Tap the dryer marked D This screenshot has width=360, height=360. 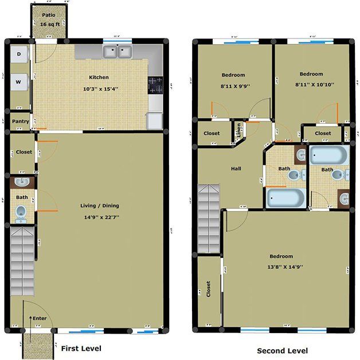coord(19,54)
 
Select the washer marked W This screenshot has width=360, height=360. coord(19,81)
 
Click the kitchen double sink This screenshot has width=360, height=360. coord(118,53)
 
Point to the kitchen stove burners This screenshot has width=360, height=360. coord(155,85)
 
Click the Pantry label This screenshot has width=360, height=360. coord(20,122)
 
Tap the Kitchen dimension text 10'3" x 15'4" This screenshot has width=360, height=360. coord(99,89)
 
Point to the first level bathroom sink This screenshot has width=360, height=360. coord(22,183)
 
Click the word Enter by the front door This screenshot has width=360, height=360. coord(40,318)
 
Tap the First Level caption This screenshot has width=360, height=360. coord(81,348)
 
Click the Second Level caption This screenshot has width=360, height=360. coord(282,351)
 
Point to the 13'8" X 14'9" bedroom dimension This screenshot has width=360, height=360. coord(281,266)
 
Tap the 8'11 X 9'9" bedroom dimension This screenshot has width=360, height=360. coord(232,86)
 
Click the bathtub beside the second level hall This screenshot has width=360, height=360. coord(284,198)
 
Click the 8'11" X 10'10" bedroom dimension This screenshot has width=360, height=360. coord(311,84)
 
